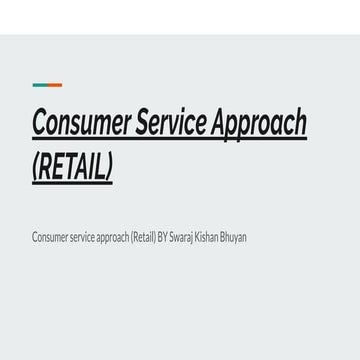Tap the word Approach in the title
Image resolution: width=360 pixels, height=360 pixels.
coord(269,123)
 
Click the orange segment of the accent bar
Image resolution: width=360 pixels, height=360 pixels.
coord(39,85)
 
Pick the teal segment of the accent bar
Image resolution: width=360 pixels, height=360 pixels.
coord(54,85)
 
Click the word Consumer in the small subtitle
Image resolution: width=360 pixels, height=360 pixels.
coord(49,236)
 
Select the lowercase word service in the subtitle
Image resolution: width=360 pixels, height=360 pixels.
coord(79,236)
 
